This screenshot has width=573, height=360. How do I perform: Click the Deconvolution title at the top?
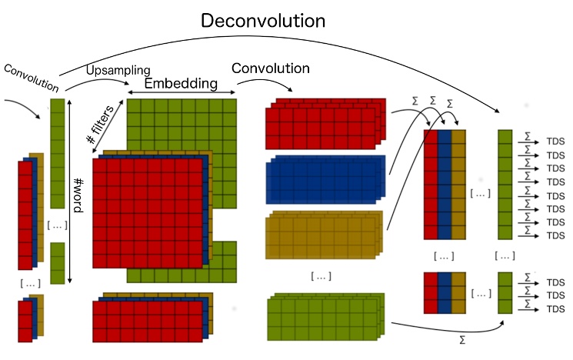tap(263, 20)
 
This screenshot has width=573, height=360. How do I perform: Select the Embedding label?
tap(182, 83)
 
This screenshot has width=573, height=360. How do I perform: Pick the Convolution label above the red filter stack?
tap(270, 68)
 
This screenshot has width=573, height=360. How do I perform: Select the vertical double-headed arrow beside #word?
tap(70, 188)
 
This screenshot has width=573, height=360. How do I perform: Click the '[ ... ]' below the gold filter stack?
tap(321, 275)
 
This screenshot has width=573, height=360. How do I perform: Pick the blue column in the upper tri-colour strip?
tap(445, 185)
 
